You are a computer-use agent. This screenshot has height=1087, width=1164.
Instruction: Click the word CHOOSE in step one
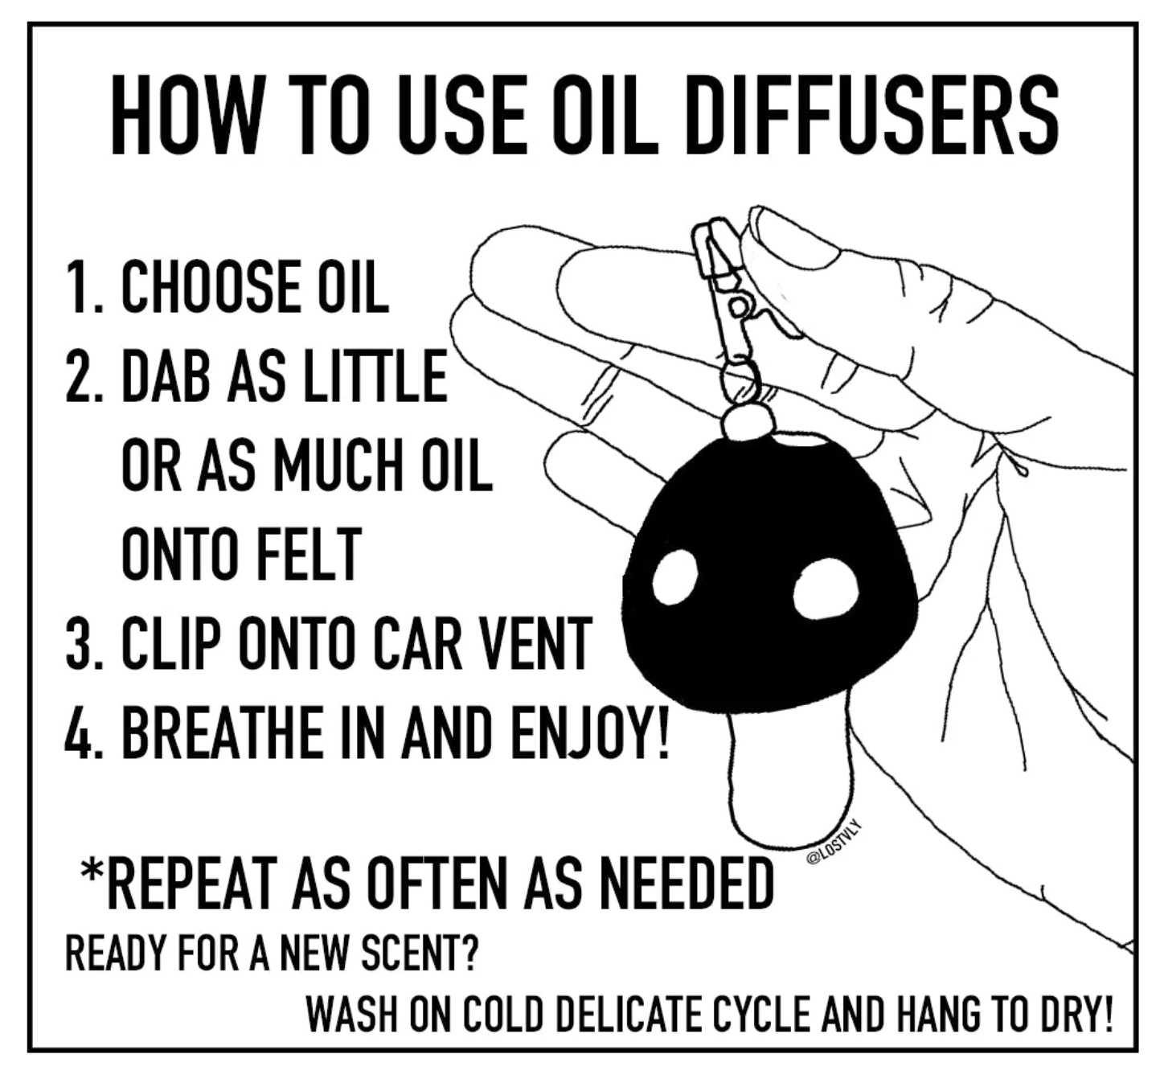pos(211,288)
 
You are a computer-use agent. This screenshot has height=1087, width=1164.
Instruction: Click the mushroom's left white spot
pos(674,576)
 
